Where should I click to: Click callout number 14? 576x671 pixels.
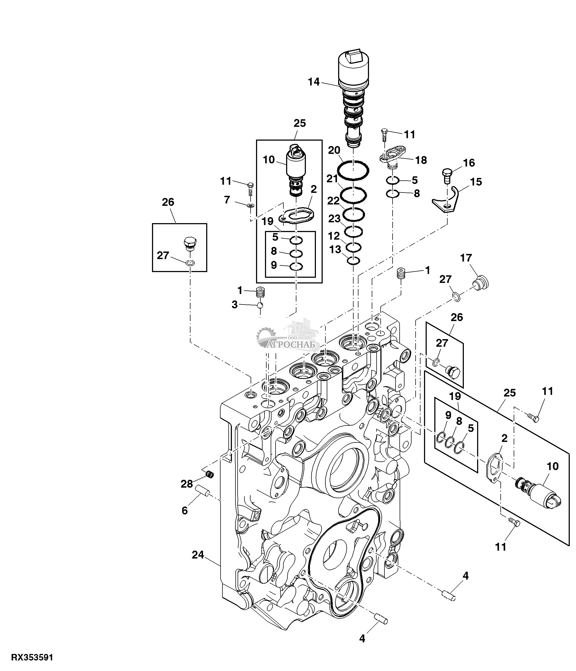[314, 82]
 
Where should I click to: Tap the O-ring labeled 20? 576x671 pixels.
[353, 169]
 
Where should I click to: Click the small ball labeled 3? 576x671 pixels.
[260, 305]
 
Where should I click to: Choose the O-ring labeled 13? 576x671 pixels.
[353, 260]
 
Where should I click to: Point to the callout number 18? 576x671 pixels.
[421, 160]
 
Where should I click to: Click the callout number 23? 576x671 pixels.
[334, 219]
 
